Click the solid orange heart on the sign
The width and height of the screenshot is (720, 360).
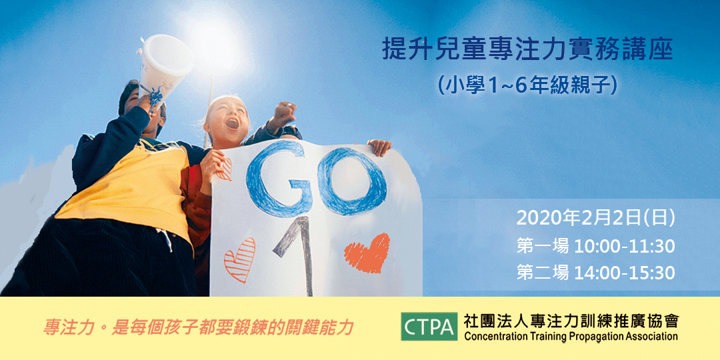pos(367,253)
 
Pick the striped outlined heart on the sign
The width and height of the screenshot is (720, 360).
pos(239,259)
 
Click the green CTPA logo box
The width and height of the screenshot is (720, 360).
pos(429,326)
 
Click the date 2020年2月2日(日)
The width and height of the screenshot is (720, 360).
pos(596,218)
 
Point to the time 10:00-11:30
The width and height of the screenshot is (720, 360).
pos(624,246)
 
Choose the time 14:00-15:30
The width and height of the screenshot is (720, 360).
pos(624,273)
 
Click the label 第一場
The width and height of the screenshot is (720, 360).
pos(543,246)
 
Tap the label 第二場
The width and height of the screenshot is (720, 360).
pos(543,273)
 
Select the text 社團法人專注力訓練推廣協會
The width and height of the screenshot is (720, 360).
pos(571,320)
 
